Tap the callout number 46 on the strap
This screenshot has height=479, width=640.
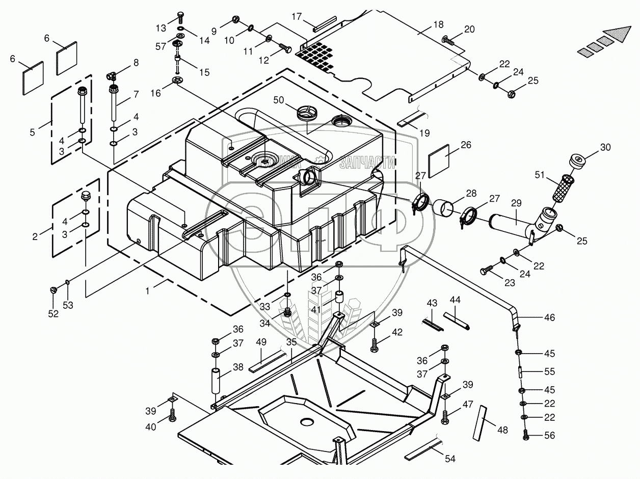tap(549, 318)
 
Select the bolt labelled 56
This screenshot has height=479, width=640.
tap(525, 435)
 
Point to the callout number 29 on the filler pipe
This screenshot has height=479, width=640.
tap(516, 203)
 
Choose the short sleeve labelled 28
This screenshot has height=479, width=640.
tap(443, 209)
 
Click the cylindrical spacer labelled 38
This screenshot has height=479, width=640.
tap(215, 381)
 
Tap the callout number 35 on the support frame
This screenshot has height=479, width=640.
tap(291, 342)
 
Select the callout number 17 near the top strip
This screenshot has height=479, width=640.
tap(297, 16)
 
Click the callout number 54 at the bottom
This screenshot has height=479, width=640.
tap(450, 459)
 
